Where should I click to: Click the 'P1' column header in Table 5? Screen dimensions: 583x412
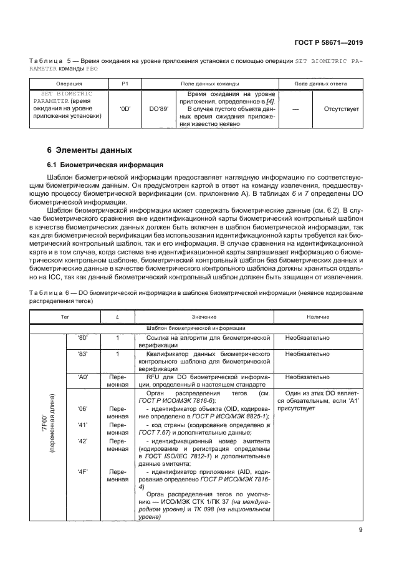tap(125, 83)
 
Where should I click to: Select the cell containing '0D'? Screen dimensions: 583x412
tap(125, 108)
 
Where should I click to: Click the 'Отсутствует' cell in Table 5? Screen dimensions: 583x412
tap(341, 108)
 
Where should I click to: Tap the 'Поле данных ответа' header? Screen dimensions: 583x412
tap(320, 83)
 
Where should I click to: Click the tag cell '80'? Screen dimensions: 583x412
tap(82, 337)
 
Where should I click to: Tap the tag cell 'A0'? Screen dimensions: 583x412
tap(82, 377)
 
